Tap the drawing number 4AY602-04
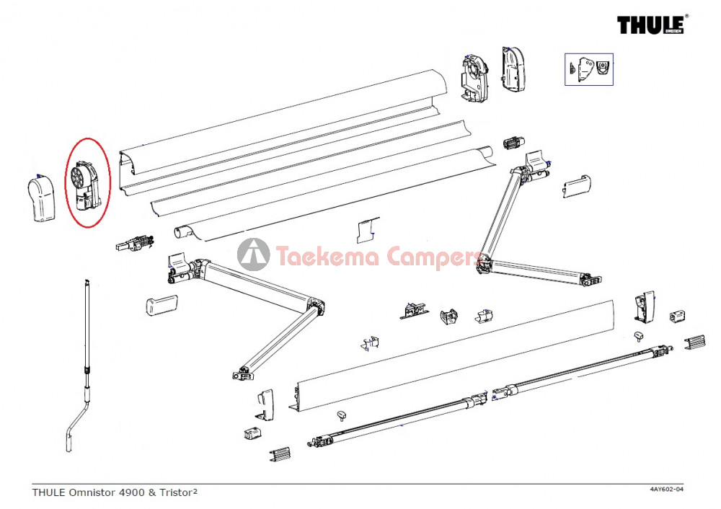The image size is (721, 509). point(666,489)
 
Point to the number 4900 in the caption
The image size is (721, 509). point(131,492)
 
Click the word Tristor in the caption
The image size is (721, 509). point(176,492)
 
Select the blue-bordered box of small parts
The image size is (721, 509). point(588,69)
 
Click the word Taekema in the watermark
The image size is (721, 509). point(327,257)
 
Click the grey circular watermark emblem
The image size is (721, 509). point(253,254)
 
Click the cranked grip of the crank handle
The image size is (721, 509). point(74,428)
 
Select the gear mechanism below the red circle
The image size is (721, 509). point(136,243)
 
